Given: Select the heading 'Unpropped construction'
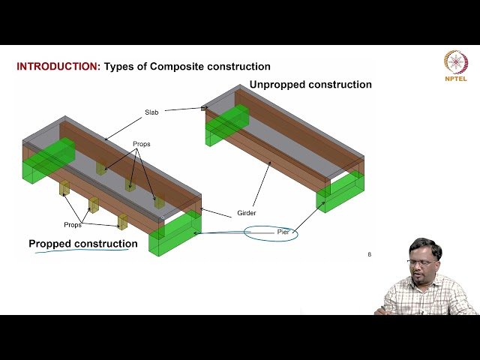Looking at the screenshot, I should (310, 85).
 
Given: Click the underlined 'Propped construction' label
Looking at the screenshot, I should (82, 244).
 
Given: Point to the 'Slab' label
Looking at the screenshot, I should (152, 112).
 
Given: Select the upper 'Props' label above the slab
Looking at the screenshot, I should (142, 143).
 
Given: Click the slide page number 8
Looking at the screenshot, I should (369, 254).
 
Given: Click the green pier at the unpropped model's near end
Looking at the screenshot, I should (341, 193).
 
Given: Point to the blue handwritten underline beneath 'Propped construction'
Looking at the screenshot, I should (82, 253).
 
